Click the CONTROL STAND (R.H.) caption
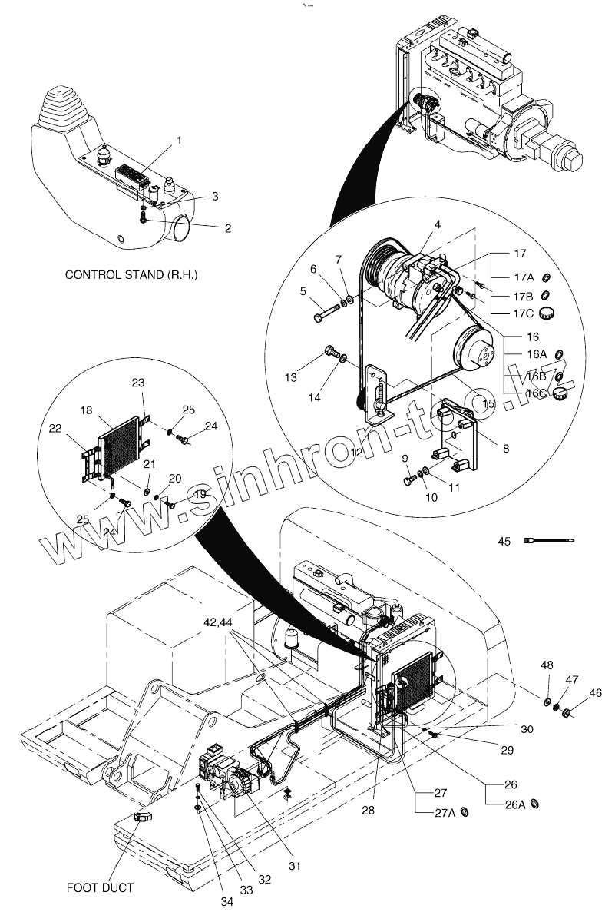click(x=131, y=274)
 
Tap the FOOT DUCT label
click(x=100, y=887)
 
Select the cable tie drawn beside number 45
click(x=547, y=541)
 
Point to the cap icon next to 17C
click(x=547, y=312)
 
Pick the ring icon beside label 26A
click(x=536, y=804)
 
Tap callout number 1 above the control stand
click(x=180, y=141)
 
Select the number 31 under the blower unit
click(x=295, y=866)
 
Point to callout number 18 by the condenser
click(x=87, y=411)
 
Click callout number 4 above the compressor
click(x=436, y=224)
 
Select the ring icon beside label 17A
click(x=546, y=277)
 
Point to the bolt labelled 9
click(x=408, y=480)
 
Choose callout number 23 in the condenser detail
click(x=138, y=382)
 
